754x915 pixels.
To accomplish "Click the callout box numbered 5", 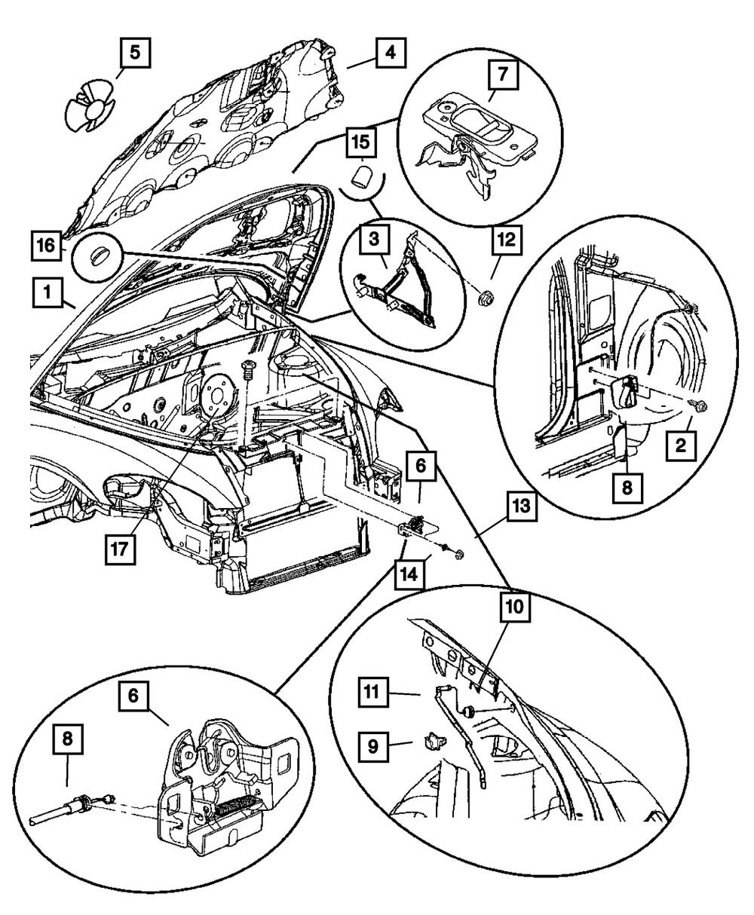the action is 134,53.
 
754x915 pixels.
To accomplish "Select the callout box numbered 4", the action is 391,53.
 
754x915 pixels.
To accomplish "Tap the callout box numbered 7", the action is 503,74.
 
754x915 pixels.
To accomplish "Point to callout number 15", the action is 361,142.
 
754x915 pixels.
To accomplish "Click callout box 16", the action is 46,246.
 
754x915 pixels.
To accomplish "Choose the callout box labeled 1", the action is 48,292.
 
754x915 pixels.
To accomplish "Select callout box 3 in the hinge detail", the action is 375,240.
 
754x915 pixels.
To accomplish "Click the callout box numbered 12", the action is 507,240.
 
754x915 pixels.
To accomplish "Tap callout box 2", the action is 681,446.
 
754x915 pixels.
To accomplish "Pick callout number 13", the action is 522,506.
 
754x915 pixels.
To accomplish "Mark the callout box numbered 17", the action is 120,549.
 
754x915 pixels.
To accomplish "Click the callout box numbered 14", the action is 409,574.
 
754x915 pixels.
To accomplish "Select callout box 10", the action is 515,607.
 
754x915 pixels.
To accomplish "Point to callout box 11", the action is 373,693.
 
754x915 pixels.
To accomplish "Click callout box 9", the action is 373,746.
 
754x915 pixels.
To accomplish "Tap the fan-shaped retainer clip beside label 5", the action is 90,106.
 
